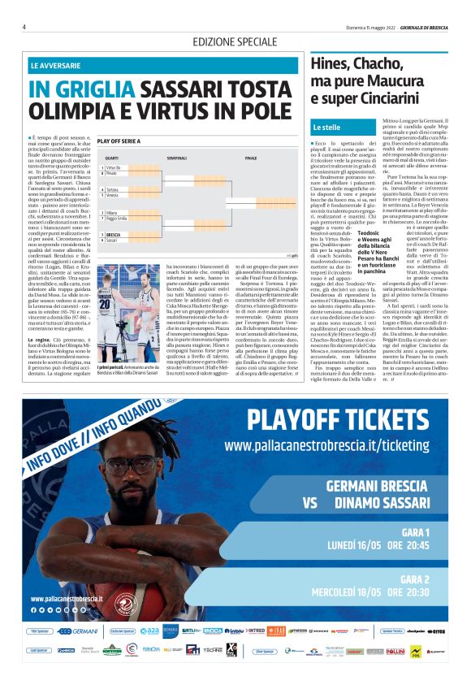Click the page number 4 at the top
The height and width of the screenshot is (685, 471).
point(24,27)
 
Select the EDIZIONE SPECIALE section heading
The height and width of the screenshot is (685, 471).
point(234,41)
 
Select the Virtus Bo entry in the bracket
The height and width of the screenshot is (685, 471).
point(112,167)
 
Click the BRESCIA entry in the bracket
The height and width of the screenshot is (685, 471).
point(115,235)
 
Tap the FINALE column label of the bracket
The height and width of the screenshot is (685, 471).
point(251,157)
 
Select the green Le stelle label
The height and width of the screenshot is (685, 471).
point(326,128)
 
